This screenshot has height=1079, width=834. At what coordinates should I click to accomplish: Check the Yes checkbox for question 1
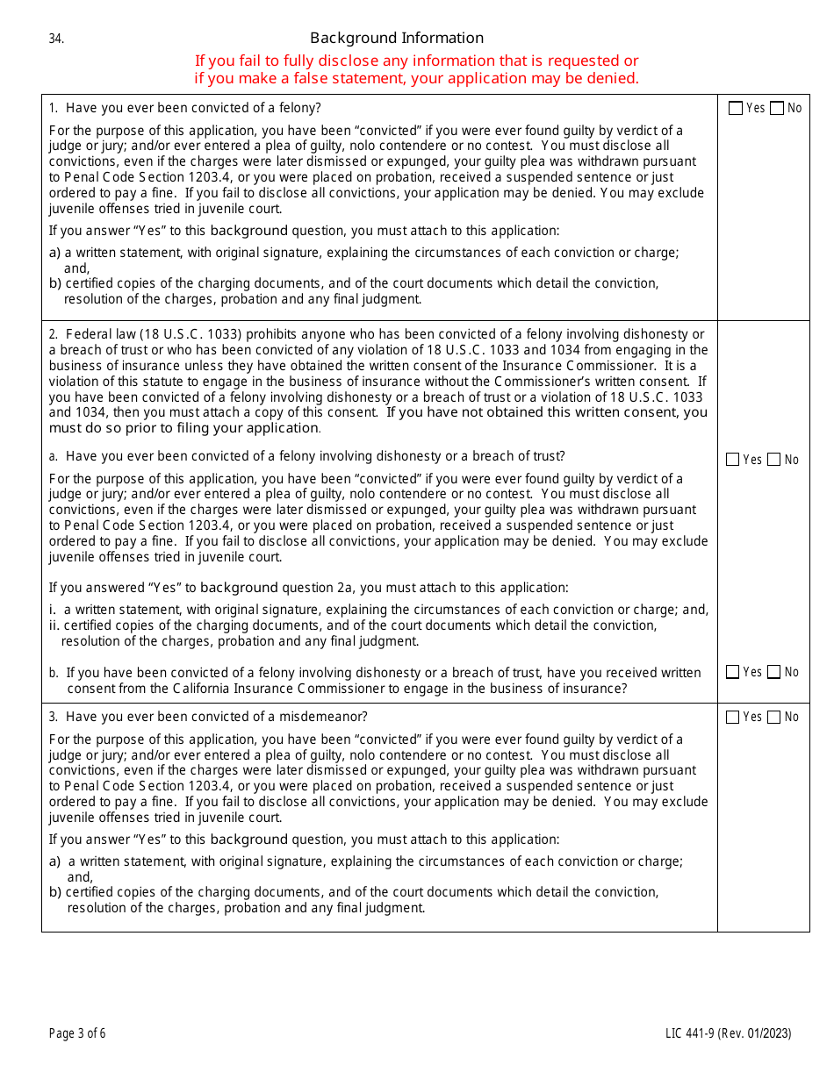click(736, 108)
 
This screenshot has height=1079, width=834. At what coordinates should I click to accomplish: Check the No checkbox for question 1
click(776, 108)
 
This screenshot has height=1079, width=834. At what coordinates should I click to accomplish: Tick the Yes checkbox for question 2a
click(733, 460)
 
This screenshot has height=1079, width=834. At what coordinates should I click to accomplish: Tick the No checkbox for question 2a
click(773, 460)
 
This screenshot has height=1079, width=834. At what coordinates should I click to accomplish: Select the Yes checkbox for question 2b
click(733, 672)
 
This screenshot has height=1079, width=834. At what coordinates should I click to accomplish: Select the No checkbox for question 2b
click(773, 672)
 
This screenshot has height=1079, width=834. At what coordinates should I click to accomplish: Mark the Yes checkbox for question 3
click(733, 717)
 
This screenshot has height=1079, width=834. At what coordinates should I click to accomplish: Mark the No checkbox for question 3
click(773, 717)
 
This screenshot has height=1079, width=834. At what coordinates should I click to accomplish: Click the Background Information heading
click(397, 38)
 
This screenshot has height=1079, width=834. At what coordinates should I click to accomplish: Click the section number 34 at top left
click(56, 39)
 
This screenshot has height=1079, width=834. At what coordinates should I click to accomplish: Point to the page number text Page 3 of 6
click(77, 1033)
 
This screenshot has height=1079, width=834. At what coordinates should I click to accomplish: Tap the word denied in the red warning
click(614, 78)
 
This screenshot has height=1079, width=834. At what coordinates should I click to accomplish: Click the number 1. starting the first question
click(54, 108)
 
